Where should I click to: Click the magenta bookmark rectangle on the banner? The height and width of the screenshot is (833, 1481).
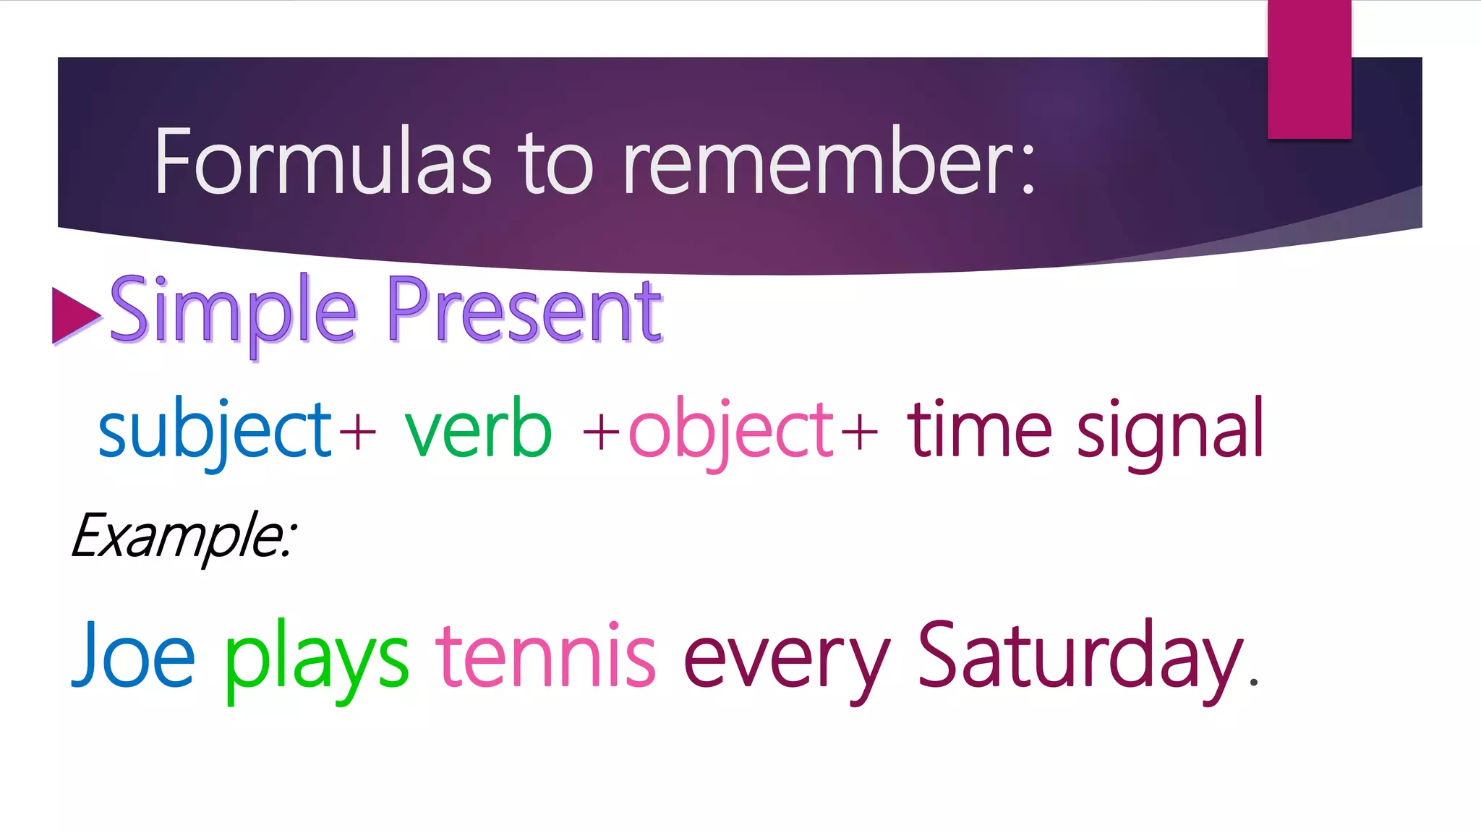[1309, 69]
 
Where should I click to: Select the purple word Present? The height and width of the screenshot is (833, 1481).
[524, 311]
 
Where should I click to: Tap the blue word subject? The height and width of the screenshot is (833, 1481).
[214, 431]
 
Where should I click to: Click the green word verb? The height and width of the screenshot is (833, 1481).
[478, 430]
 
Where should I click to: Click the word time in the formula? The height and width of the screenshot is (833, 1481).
[979, 430]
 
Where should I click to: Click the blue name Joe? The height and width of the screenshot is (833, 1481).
[134, 655]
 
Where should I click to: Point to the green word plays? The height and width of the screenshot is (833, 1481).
[316, 658]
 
